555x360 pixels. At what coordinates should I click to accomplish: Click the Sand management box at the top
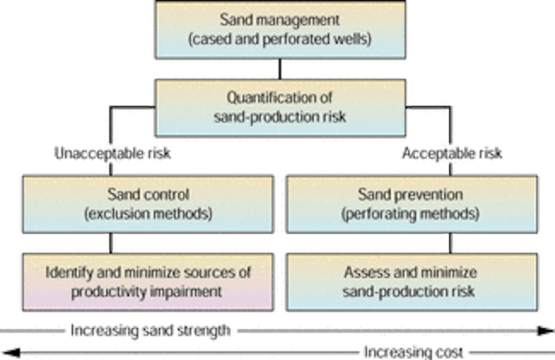279,29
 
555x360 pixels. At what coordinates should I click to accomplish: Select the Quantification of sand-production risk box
279,107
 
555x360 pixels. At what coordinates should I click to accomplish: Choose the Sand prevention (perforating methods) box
410,204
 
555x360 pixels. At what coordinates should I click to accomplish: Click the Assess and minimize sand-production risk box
410,281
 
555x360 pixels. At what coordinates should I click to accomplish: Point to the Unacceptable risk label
114,154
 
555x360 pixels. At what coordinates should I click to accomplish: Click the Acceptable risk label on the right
452,154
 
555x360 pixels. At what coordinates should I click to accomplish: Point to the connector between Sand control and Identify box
111,243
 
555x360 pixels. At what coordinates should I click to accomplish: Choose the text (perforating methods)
410,214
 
